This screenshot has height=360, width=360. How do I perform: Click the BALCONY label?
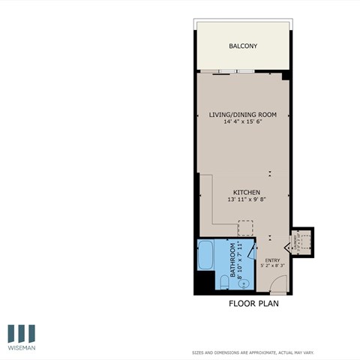[x=243, y=46]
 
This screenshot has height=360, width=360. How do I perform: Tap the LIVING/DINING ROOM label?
[x=243, y=115]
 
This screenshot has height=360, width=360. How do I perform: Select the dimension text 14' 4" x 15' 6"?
[x=243, y=122]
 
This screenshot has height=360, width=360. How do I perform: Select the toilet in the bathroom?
[x=223, y=282]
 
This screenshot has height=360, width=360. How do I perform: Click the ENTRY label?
[x=272, y=260]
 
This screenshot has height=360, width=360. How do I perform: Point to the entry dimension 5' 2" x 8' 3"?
[x=272, y=265]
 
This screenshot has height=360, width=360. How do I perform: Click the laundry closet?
[x=302, y=241]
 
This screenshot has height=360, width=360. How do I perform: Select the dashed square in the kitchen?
[x=246, y=228]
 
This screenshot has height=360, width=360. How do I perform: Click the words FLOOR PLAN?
[x=253, y=304]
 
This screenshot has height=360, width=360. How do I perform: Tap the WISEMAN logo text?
[x=22, y=348]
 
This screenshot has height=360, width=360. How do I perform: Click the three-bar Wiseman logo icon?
[x=22, y=333]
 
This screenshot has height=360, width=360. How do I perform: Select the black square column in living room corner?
[x=286, y=76]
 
